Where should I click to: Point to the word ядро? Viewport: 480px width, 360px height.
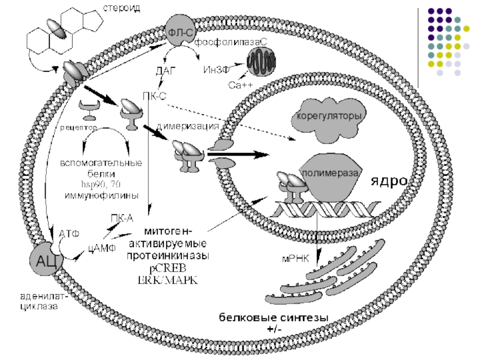[x=388, y=181]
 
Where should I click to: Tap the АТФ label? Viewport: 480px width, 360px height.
[x=70, y=233]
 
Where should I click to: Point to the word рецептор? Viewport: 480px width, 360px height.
[x=79, y=127]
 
